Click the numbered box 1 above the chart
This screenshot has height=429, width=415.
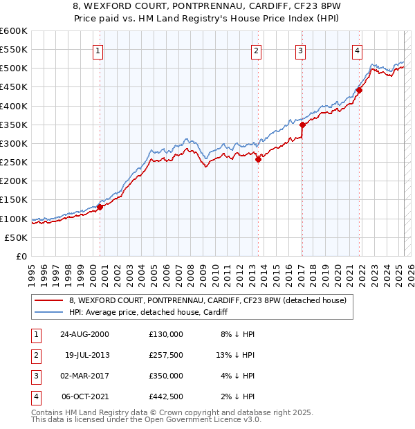point(98,50)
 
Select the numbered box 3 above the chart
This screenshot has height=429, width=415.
point(301,50)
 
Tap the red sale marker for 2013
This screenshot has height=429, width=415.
point(258,159)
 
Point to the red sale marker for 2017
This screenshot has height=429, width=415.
point(302,125)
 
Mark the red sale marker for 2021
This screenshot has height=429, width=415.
point(359,90)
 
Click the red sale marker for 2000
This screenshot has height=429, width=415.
point(100,206)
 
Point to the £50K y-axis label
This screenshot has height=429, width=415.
point(15,237)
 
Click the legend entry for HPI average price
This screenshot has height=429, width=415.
point(148,313)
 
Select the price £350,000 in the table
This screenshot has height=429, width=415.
point(165,376)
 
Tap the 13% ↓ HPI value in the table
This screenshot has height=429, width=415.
point(235,355)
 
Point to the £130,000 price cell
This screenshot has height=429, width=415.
point(165,334)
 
